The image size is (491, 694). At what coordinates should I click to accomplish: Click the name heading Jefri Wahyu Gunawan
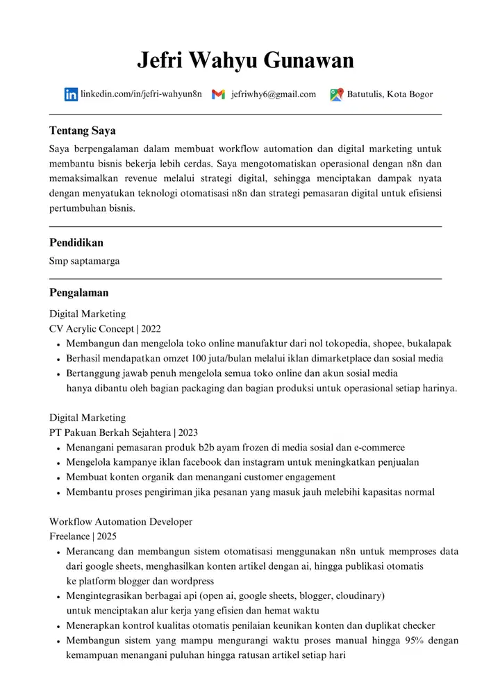(x=245, y=60)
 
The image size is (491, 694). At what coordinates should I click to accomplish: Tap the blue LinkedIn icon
(x=71, y=95)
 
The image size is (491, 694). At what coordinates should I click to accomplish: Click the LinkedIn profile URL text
(x=141, y=94)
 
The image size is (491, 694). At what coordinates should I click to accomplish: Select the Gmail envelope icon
(x=218, y=95)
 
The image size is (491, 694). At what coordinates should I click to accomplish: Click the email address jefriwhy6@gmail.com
(x=274, y=94)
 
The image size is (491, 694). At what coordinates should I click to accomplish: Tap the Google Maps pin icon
(x=336, y=95)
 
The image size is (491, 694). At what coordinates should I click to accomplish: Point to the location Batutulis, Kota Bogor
(x=390, y=94)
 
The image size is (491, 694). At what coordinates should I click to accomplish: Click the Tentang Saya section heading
(x=82, y=130)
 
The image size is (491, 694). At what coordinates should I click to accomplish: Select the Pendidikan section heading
(x=76, y=243)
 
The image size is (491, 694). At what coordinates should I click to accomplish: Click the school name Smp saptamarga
(x=84, y=262)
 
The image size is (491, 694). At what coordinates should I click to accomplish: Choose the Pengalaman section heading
(x=78, y=293)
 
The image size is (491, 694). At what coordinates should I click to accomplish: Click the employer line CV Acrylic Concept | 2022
(x=105, y=329)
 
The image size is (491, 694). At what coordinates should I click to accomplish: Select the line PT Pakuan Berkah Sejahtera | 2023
(x=124, y=432)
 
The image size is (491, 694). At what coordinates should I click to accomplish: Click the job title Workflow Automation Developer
(x=121, y=521)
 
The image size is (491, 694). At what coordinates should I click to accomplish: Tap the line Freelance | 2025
(x=83, y=536)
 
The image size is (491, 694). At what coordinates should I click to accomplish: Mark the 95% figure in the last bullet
(x=414, y=641)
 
